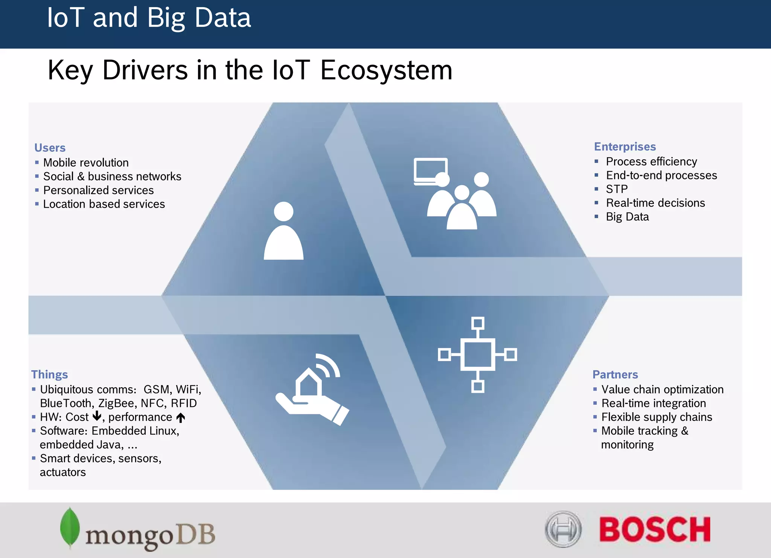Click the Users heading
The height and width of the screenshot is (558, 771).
(x=50, y=148)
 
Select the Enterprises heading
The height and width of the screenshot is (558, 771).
(x=625, y=147)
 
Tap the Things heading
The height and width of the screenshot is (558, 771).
(x=49, y=375)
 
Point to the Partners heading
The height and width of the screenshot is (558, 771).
(x=615, y=375)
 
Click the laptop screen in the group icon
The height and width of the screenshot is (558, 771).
(x=430, y=170)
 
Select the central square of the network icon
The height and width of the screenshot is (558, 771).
(x=477, y=354)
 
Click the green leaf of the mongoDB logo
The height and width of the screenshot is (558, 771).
(x=70, y=527)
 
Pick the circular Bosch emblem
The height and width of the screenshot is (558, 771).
(x=563, y=529)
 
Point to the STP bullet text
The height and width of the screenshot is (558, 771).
(x=617, y=189)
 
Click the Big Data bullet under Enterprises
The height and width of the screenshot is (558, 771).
(x=627, y=217)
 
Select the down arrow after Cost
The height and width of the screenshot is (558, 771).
(x=97, y=416)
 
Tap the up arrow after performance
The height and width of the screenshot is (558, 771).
(x=181, y=417)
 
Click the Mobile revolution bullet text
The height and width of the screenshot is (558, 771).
(x=86, y=163)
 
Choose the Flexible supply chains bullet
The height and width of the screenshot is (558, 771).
(x=657, y=417)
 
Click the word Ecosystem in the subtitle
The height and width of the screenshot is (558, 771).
(x=386, y=70)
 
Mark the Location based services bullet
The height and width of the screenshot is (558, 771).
(x=104, y=204)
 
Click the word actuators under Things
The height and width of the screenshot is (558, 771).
(x=63, y=472)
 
